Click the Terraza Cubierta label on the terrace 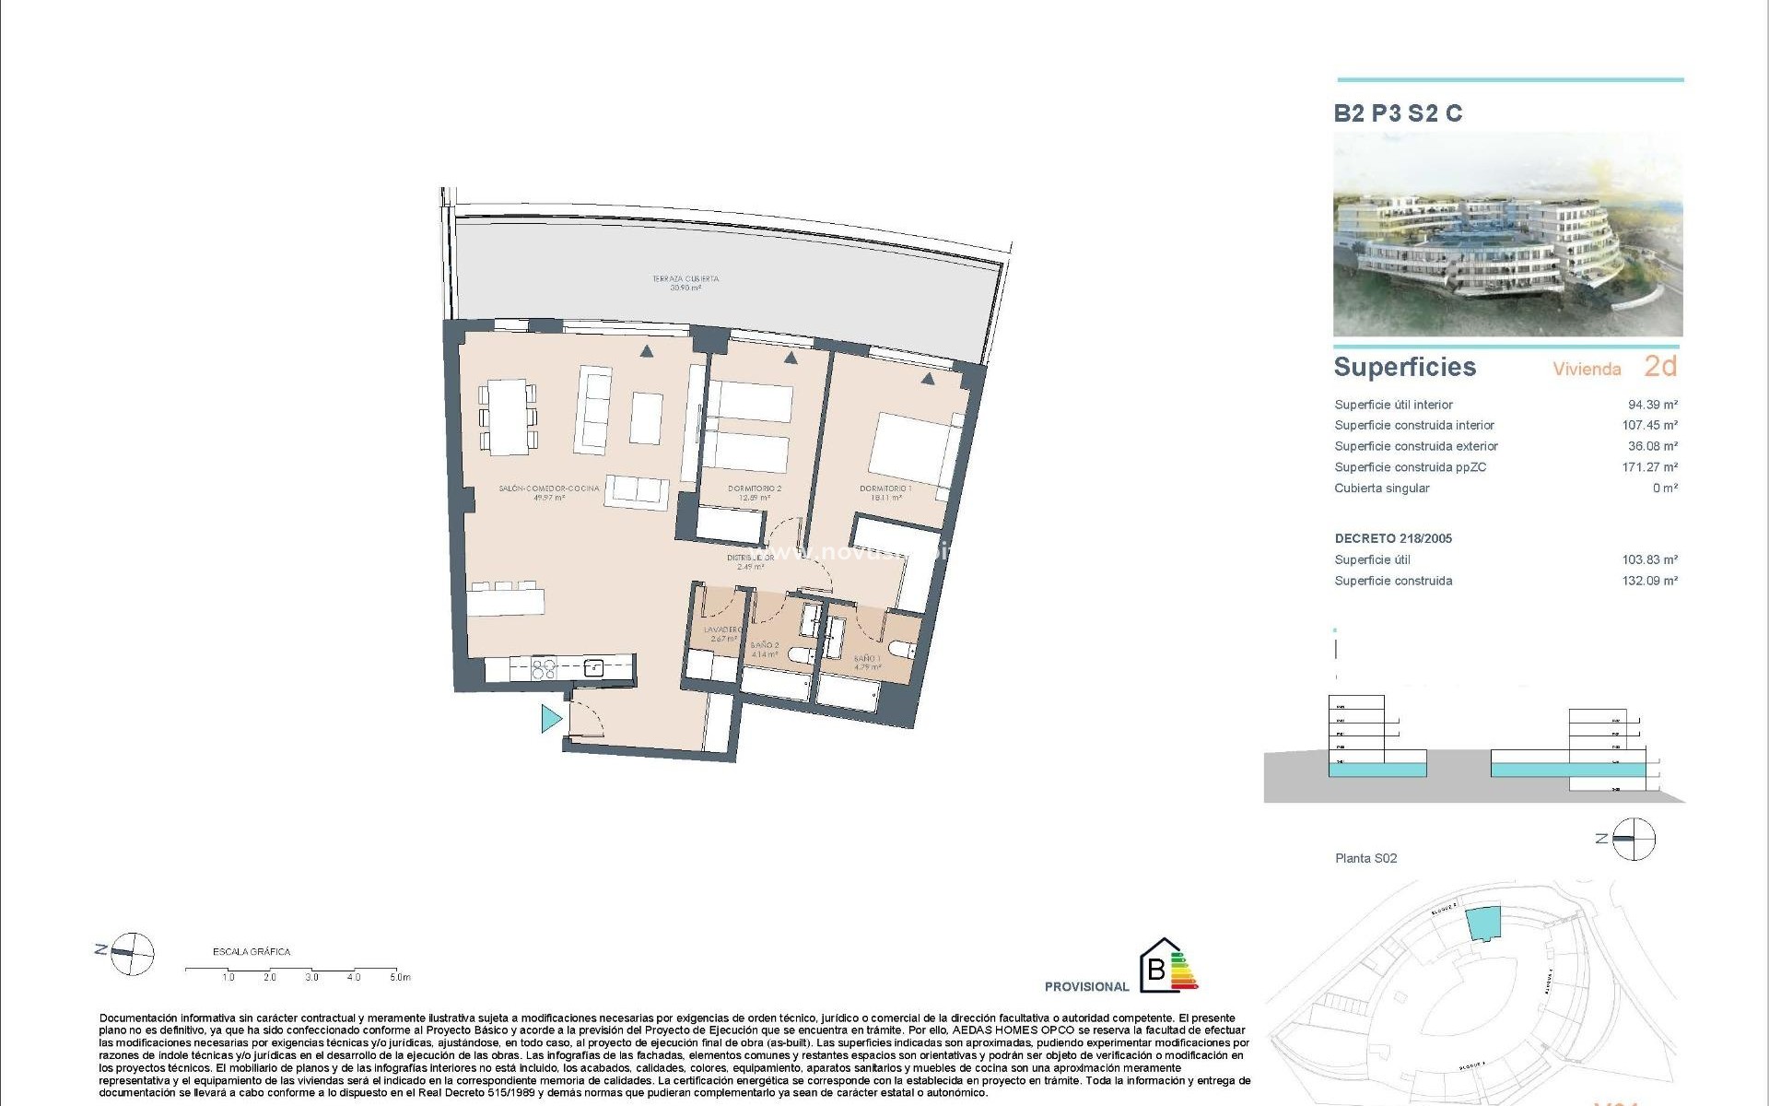(x=685, y=282)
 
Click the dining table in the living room (x=508, y=417)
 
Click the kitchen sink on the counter (x=593, y=668)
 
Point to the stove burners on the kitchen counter (x=544, y=667)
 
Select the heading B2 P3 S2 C (x=1398, y=113)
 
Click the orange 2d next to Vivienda (x=1660, y=367)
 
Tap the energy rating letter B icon (x=1156, y=970)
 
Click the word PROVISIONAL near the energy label (x=1086, y=986)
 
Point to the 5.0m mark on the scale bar (x=399, y=977)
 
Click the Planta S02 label (x=1365, y=858)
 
